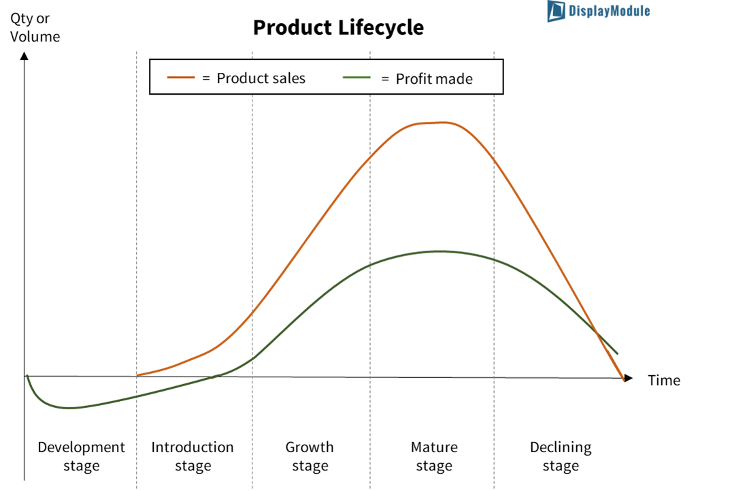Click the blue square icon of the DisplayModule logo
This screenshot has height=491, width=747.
pyautogui.click(x=557, y=11)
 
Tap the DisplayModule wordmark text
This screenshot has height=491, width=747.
pyautogui.click(x=609, y=11)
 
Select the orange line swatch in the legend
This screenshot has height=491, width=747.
pyautogui.click(x=181, y=78)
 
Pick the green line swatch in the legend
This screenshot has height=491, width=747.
pyautogui.click(x=357, y=78)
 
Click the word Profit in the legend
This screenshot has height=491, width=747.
pyautogui.click(x=413, y=79)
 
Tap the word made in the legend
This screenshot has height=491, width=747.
pyautogui.click(x=453, y=79)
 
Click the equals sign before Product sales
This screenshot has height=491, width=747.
pyautogui.click(x=206, y=79)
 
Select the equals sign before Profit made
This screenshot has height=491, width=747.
pyautogui.click(x=385, y=79)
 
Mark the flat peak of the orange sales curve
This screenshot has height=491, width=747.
pyautogui.click(x=435, y=123)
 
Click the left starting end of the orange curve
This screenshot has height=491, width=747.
pyautogui.click(x=138, y=375)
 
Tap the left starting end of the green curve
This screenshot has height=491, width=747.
pyautogui.click(x=27, y=376)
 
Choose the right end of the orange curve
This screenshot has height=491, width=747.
pyautogui.click(x=623, y=380)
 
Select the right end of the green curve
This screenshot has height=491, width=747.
pyautogui.click(x=617, y=353)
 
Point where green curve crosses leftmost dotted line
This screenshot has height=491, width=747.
pyautogui.click(x=137, y=396)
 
